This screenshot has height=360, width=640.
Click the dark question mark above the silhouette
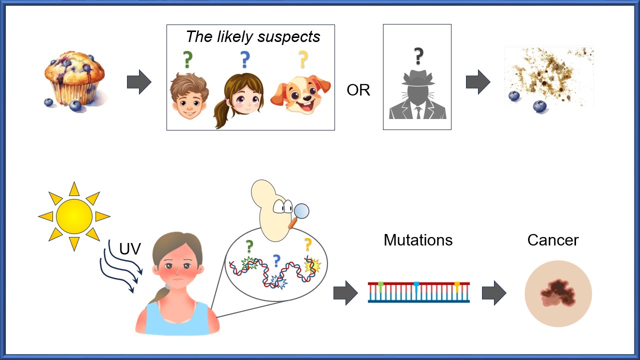click(418, 56)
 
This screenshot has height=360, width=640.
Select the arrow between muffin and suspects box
click(139, 82)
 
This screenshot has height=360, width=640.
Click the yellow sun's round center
click(74, 216)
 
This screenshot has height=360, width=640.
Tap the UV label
click(130, 248)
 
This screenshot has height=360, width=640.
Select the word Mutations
click(418, 240)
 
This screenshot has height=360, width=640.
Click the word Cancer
click(552, 240)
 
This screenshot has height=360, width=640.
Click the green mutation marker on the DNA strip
click(380, 285)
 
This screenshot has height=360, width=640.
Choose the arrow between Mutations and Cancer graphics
click(494, 293)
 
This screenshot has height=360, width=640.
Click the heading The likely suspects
click(253, 36)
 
